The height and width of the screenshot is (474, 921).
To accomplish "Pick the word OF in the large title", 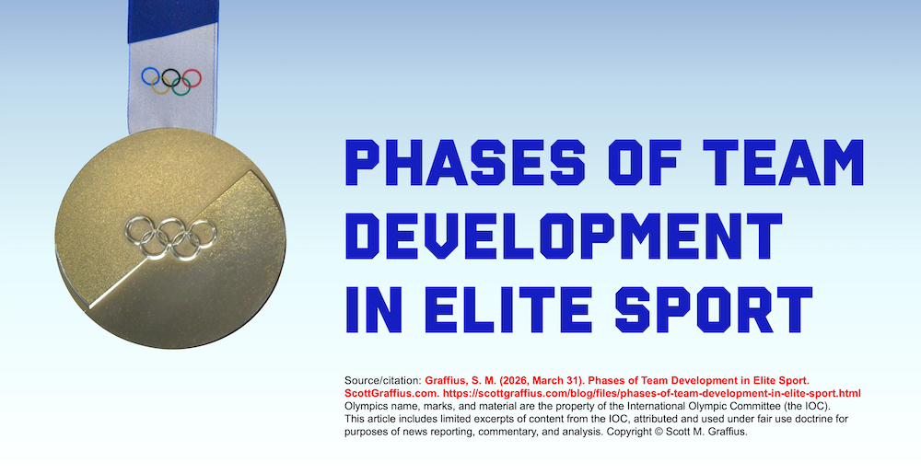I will (613, 163).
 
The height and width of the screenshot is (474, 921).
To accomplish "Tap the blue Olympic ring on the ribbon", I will (150, 75).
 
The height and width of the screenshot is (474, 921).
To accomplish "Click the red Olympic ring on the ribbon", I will (192, 75).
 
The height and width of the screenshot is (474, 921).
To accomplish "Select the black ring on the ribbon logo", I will (170, 75).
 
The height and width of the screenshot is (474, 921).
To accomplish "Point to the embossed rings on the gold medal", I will (171, 234).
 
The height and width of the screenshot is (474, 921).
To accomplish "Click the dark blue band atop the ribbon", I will (170, 18).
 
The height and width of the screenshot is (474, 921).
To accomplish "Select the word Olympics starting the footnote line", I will (367, 406).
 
